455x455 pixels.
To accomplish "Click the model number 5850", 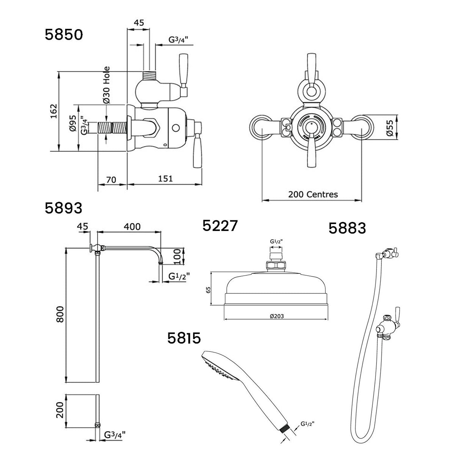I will (x=64, y=35).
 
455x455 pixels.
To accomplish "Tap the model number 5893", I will (x=64, y=208).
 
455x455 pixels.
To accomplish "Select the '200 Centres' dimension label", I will (x=313, y=195).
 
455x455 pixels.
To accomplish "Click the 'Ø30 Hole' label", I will (x=106, y=85).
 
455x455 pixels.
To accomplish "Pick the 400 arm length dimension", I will (x=132, y=227).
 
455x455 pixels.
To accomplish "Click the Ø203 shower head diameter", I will (x=277, y=316).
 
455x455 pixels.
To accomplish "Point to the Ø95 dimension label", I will (x=73, y=122).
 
